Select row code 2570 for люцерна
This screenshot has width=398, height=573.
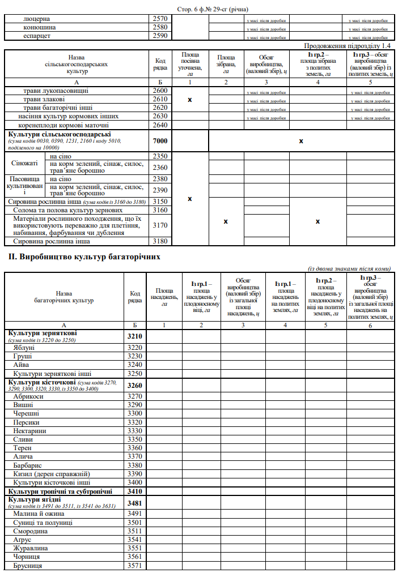click(160, 19)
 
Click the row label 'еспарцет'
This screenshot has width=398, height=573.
click(37, 36)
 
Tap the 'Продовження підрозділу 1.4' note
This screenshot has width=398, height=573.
click(347, 45)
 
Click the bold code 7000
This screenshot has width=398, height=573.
click(160, 140)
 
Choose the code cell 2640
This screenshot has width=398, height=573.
click(160, 125)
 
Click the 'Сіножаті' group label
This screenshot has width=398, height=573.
click(24, 163)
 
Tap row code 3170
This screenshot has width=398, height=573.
click(160, 225)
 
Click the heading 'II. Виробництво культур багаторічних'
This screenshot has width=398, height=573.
click(84, 256)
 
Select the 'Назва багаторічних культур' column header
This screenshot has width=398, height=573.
click(64, 297)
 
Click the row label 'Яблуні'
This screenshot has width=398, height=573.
click(24, 347)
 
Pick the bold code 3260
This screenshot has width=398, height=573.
click(135, 386)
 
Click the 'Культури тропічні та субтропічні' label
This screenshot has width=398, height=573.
click(60, 491)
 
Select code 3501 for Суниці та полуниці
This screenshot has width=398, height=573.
click(135, 522)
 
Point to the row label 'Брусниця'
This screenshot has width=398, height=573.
click(28, 565)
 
